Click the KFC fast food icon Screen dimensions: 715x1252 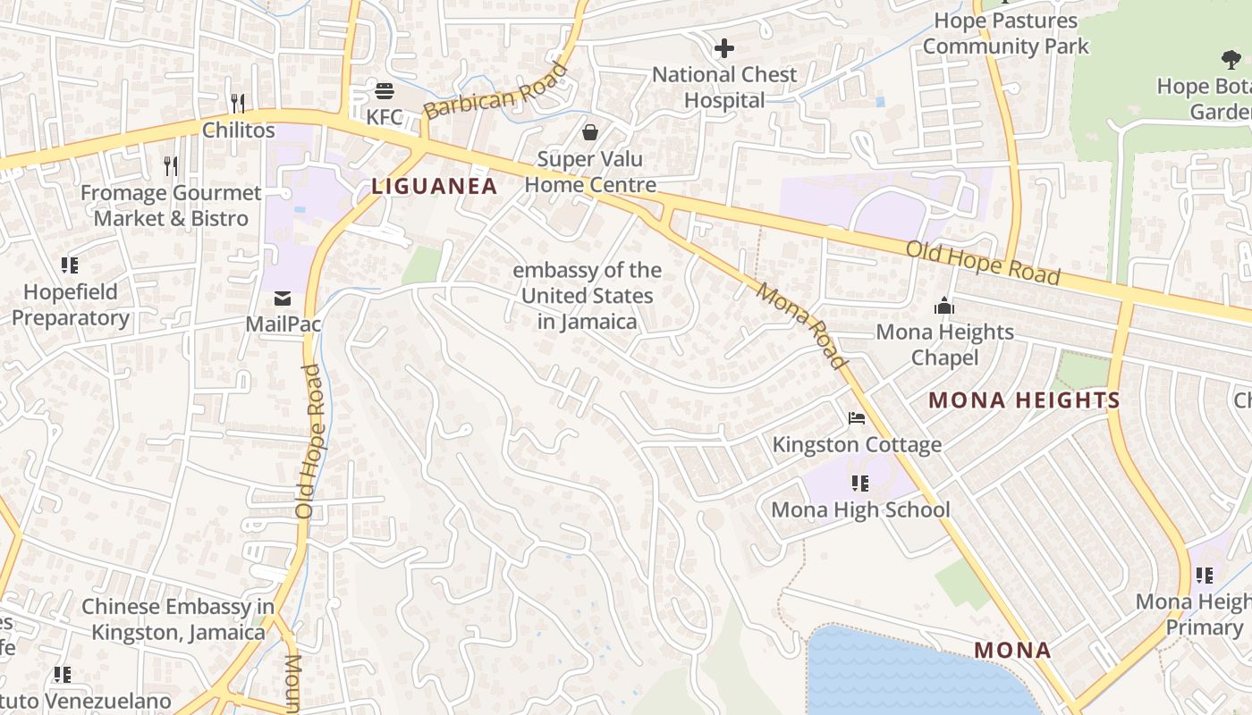pos(385,90)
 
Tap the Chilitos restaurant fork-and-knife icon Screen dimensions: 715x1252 pos(238,103)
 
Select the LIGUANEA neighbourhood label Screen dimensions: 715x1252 pos(434,186)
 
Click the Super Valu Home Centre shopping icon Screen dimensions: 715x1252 pos(590,133)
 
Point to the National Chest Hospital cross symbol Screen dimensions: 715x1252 pos(723,47)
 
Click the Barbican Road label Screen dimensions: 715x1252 pos(495,90)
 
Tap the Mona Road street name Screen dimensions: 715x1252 pos(801,325)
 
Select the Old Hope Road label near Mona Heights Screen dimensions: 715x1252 pos(983,263)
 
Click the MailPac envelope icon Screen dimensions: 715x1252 pos(283,298)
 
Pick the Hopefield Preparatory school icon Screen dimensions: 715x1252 pos(70,265)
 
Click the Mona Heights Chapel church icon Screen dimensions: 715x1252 pos(944,307)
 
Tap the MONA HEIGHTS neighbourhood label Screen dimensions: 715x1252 pos(1024,400)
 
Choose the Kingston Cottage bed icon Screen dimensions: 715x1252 pos(857,418)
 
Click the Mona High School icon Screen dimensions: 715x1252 pos(859,484)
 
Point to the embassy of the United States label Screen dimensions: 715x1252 pos(588,296)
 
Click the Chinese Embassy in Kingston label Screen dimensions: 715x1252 pos(177,619)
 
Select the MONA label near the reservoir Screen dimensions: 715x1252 pos(1012,650)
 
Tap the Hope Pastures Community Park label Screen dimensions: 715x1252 pos(1005,33)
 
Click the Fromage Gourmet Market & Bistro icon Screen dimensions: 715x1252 pos(171,165)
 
